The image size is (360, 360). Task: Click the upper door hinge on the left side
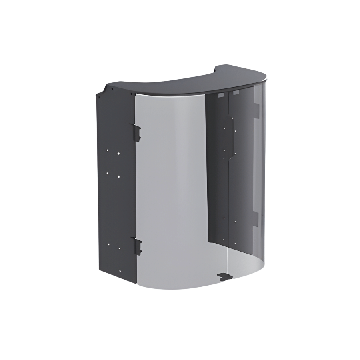[136, 132]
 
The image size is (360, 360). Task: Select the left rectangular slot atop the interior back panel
[220, 96]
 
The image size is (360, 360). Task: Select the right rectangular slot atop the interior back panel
[236, 93]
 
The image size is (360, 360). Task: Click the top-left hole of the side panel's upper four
[108, 150]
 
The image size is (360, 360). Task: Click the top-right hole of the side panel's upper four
[119, 153]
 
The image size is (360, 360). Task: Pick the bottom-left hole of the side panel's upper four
[108, 173]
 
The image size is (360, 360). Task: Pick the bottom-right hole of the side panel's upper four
[119, 176]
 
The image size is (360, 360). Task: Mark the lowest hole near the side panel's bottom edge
[119, 249]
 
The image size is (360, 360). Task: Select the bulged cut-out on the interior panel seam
[231, 132]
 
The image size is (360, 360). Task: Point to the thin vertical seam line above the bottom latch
[227, 256]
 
